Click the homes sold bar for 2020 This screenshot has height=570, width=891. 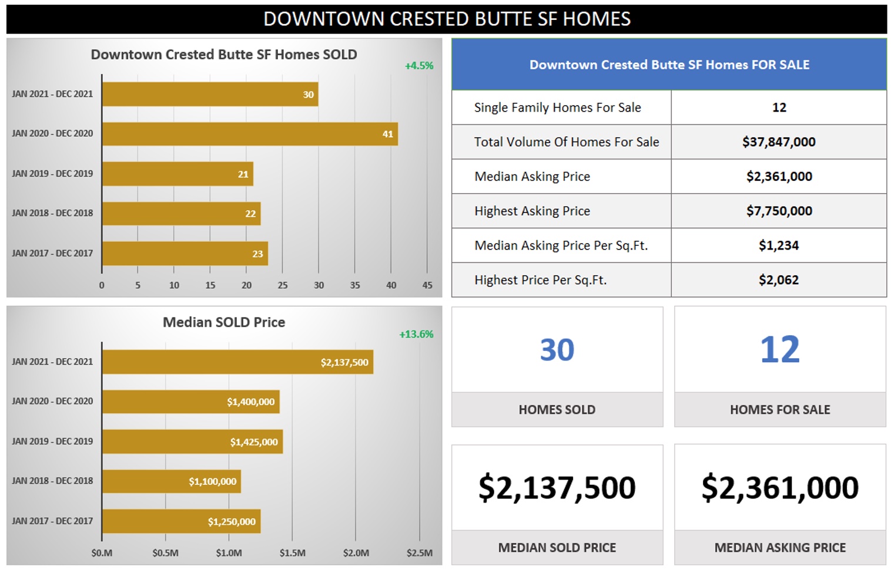point(250,134)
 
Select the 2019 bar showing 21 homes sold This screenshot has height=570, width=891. point(177,174)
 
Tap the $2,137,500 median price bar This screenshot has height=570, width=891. point(237,362)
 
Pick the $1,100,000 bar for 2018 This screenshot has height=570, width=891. point(171,481)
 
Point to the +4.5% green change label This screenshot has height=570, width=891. point(419,66)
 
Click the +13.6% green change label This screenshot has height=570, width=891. point(416,334)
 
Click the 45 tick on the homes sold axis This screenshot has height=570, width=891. point(427,285)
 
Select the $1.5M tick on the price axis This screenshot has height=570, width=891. point(292,553)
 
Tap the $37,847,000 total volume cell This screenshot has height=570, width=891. point(779,142)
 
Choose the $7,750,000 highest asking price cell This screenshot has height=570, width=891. point(779,211)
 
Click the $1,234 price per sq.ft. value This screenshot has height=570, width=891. point(779,245)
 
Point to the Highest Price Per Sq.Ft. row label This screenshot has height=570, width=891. point(540,280)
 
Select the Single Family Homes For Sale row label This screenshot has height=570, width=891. point(557,107)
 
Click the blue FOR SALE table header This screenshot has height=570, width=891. point(669,65)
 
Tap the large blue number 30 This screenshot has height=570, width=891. point(557,350)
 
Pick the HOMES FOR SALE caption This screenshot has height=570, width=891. point(780,410)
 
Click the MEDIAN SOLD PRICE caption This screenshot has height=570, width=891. point(557,548)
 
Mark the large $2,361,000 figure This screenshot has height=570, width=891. point(780,488)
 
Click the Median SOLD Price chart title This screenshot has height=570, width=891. point(223,322)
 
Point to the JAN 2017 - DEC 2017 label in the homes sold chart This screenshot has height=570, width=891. point(52,254)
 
